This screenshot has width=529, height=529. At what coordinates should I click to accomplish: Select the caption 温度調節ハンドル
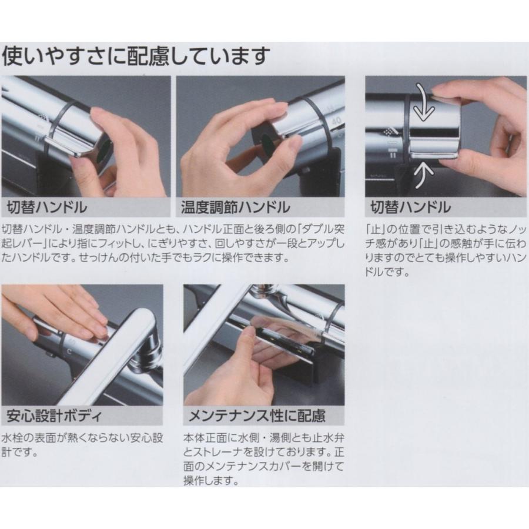tap(236, 207)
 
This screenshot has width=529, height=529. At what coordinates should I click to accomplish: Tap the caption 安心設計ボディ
tap(54, 416)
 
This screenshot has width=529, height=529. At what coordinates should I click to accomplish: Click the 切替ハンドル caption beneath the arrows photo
tap(410, 207)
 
